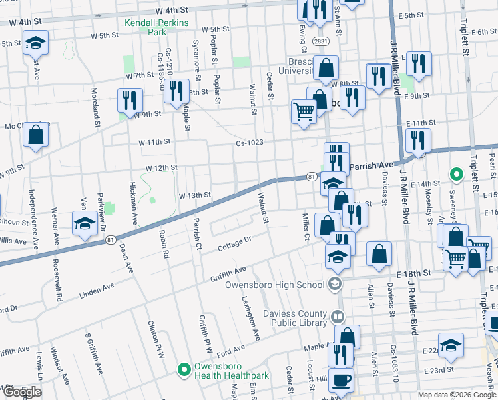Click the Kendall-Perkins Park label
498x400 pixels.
pos(156,27)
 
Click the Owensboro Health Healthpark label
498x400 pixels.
pos(231,371)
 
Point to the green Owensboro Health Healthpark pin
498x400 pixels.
pos(184,368)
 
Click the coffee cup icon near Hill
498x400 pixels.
pos(341,381)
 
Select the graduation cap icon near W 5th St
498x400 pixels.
pos(35,43)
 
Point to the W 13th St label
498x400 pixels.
pos(194,195)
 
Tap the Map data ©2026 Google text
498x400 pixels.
pos(457,395)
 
